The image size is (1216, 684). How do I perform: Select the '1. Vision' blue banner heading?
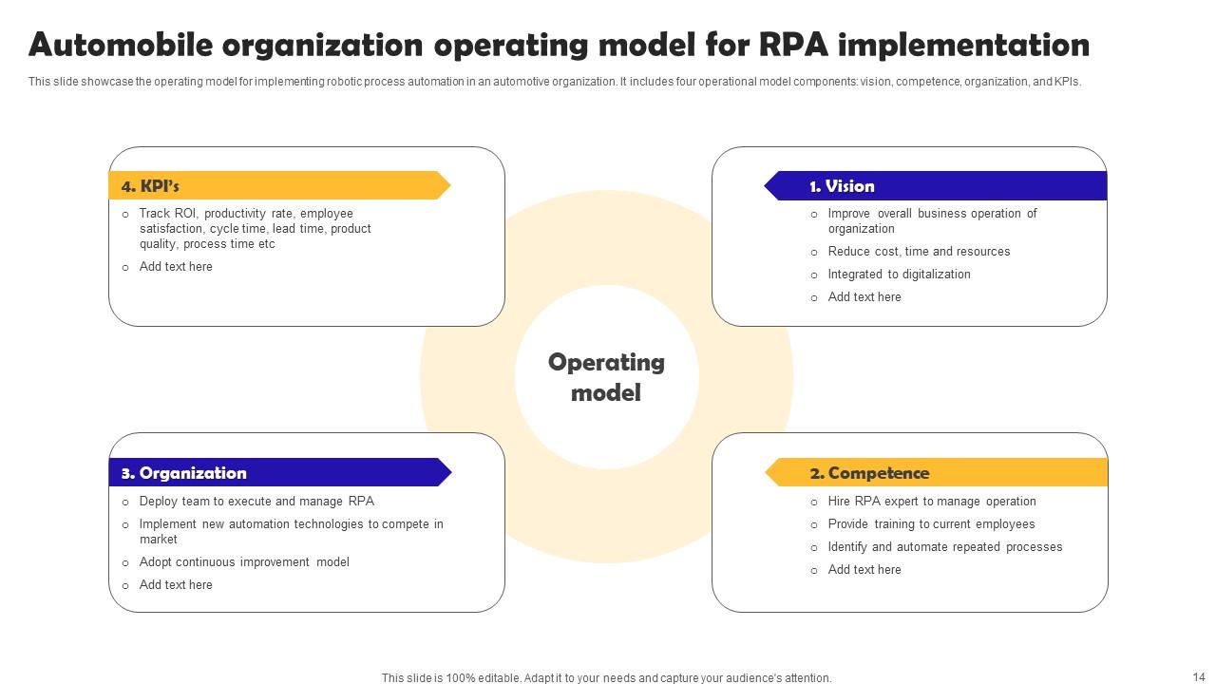pos(842,186)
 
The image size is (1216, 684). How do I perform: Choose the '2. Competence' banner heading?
pos(869,473)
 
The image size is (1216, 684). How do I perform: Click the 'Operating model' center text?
pos(606,377)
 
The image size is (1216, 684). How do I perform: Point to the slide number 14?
pos(1198,676)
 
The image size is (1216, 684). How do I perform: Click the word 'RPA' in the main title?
pos(795,45)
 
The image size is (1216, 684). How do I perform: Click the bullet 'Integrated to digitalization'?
pos(899,275)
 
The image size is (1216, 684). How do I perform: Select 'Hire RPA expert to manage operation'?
pos(931,502)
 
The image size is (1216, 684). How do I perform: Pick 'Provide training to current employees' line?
pos(931,524)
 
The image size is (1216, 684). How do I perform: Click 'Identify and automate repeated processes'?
pos(944,547)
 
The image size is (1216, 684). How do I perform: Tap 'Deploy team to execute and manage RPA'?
pos(256,502)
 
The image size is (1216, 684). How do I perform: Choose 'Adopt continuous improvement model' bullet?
pos(244,562)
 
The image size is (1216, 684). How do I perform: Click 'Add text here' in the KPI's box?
pos(176,267)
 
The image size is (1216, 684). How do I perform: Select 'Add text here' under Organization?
pos(176,585)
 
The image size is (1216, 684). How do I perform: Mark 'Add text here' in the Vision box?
pos(864,297)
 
